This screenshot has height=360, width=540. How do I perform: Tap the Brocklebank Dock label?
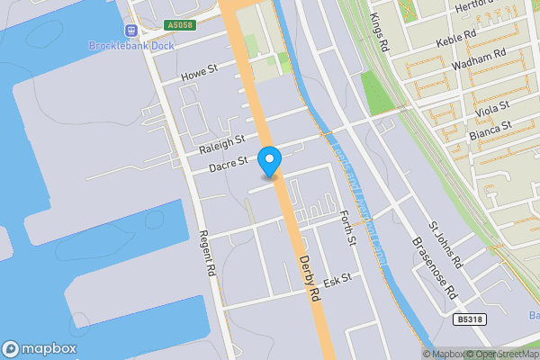click(x=131, y=46)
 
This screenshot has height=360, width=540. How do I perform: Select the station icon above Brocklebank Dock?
click(x=131, y=30)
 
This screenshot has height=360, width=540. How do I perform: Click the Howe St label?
click(x=199, y=68)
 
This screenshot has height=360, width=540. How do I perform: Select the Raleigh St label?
click(x=222, y=142)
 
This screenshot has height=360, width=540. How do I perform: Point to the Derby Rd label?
click(x=309, y=277)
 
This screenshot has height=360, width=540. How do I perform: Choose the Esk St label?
click(x=337, y=282)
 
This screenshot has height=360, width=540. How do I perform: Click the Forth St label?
click(x=349, y=229)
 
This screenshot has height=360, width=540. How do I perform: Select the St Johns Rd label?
click(x=444, y=246)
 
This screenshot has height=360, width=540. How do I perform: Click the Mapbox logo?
click(x=39, y=348)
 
